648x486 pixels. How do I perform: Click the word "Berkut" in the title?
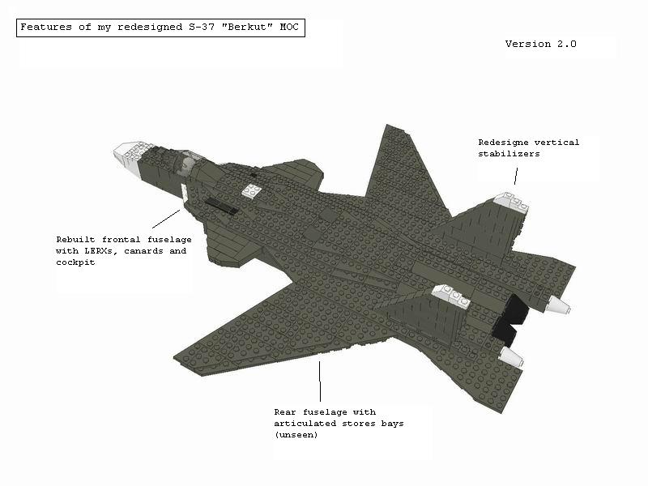click(247, 28)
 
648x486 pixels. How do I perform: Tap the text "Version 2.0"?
click(540, 44)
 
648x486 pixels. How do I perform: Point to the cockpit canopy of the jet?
click(187, 163)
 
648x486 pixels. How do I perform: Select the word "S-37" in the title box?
click(202, 28)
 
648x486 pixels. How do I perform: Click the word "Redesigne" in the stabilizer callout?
click(503, 143)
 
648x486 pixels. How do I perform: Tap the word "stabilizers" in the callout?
click(509, 154)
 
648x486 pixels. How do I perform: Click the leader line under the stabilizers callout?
click(516, 176)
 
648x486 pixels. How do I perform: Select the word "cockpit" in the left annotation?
click(75, 262)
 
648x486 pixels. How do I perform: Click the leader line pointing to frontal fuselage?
click(166, 219)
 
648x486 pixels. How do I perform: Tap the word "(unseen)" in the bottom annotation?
click(296, 435)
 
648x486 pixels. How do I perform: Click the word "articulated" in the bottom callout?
click(305, 424)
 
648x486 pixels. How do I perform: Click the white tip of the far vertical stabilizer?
click(512, 203)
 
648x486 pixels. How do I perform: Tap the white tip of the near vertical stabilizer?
click(451, 296)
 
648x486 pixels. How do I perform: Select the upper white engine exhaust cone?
click(559, 305)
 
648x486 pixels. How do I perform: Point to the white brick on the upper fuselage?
click(252, 190)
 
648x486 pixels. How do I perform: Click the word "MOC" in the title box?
click(289, 28)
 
